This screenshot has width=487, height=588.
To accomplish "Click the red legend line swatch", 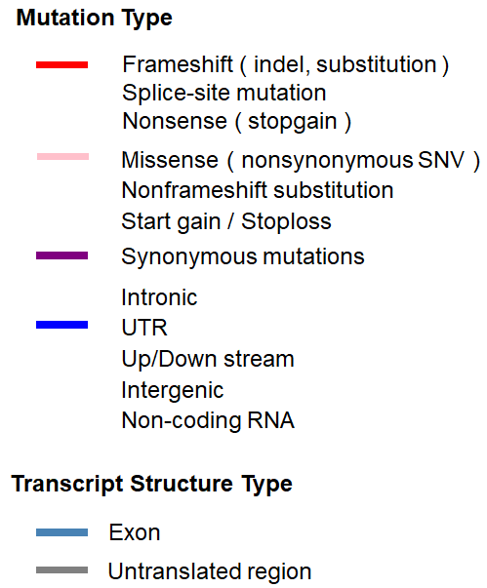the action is pos(61,65).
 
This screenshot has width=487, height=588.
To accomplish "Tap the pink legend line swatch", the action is pos(63,156).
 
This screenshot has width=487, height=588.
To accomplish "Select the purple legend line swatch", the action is pos(61,255).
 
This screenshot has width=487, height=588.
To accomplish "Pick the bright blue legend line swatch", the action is pos(61,325).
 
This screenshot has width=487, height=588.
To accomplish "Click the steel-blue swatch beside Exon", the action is pos(61,532).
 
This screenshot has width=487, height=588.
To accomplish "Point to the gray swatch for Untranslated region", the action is pos(61,570).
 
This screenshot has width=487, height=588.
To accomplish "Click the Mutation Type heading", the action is pos(94,19).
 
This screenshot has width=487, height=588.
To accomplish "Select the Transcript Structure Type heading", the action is pos(151,484).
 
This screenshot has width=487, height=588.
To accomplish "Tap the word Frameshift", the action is pos(178,64).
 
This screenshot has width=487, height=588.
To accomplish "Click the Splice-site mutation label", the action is pos(224,93).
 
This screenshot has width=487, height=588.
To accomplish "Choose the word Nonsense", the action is pos(175,121).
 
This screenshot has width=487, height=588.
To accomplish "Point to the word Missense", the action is pos(170,160).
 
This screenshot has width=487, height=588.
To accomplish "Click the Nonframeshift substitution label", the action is pos(258,190).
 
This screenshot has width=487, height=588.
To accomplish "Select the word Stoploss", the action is pos(286,221).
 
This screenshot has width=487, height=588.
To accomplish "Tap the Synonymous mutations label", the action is pos(243,257).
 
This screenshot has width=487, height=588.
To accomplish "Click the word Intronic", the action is pos(159,297).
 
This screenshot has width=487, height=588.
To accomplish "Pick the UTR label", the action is pos(144,328).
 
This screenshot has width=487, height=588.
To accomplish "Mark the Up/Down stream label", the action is pos(208,359).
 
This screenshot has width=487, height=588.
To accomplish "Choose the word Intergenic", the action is pos(173,390).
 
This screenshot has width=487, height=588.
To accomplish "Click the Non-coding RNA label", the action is pos(208,420).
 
